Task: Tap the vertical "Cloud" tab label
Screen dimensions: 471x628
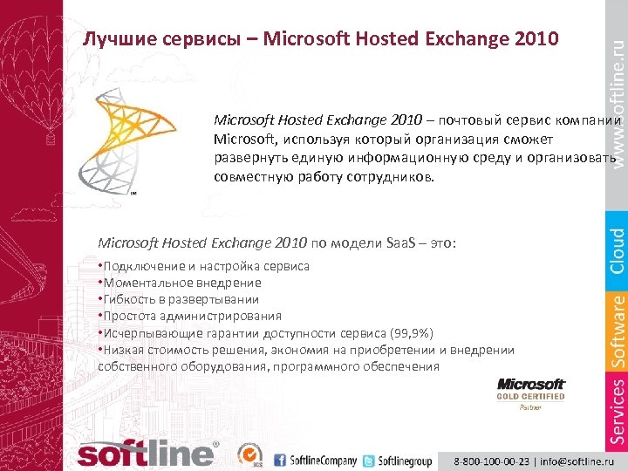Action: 616,250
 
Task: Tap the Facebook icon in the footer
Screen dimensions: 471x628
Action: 280,461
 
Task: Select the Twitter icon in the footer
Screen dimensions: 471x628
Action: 369,461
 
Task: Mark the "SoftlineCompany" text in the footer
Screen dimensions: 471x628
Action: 323,461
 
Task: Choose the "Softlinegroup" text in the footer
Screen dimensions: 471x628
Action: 405,461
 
